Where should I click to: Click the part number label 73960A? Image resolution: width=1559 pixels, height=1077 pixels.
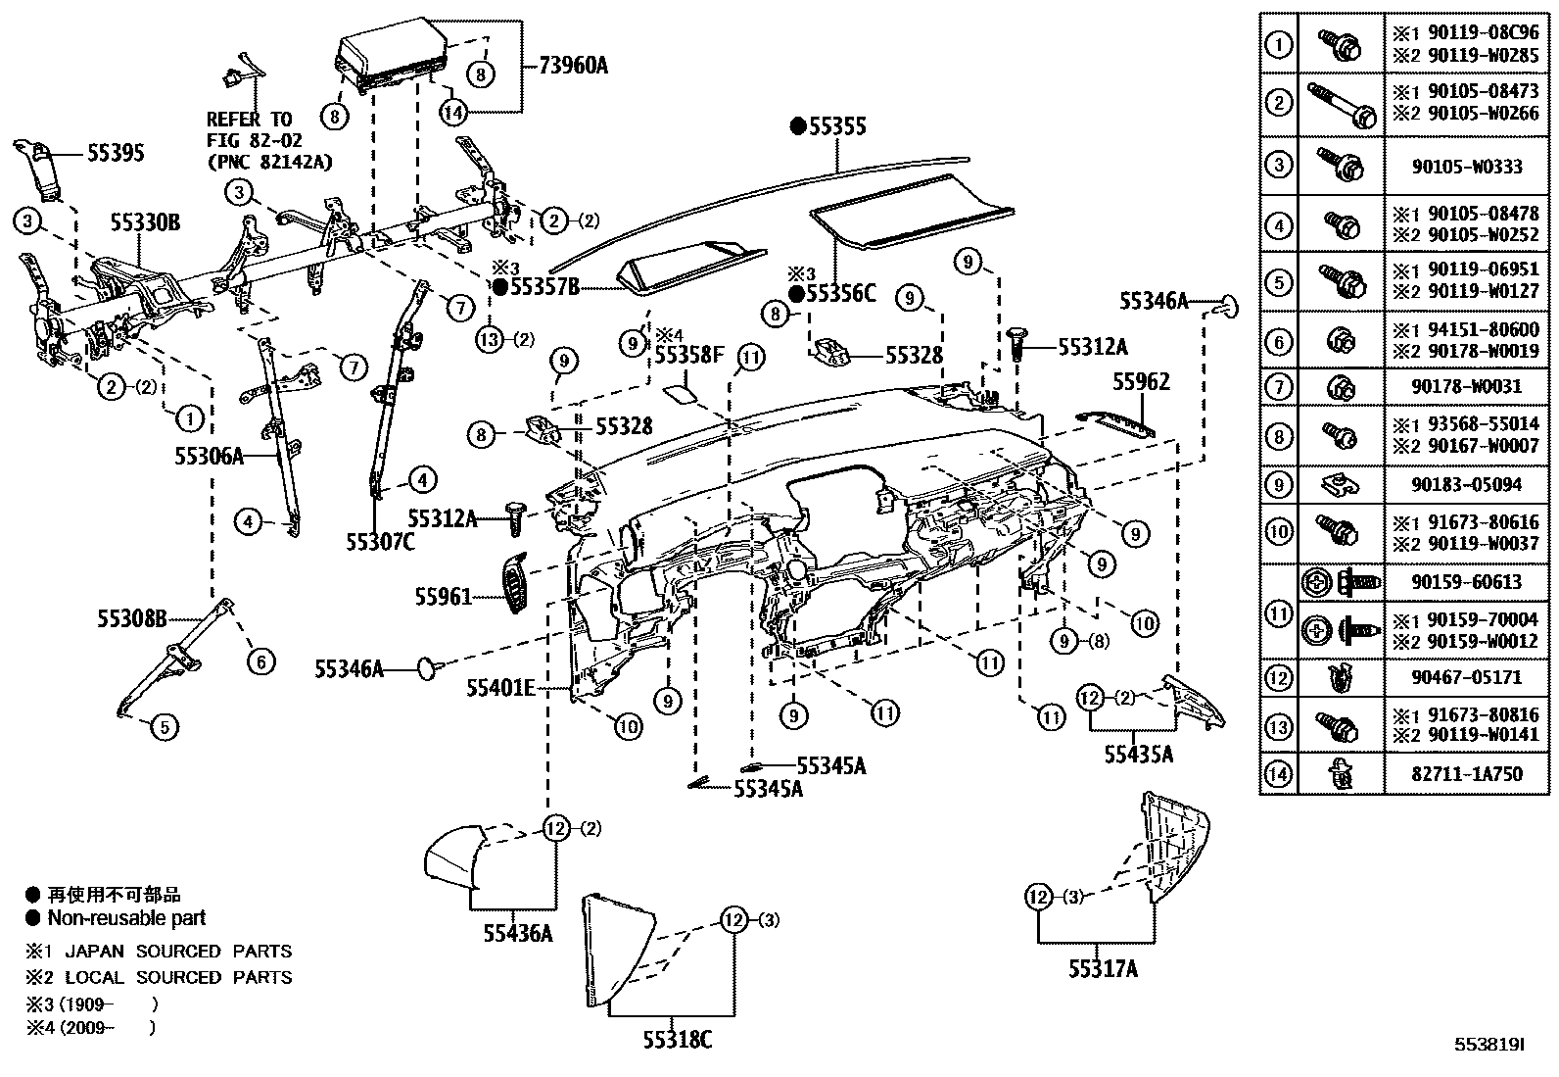pyautogui.click(x=573, y=66)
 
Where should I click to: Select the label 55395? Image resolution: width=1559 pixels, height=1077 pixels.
pyautogui.click(x=116, y=153)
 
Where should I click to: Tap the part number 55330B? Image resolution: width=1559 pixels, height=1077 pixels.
pyautogui.click(x=144, y=224)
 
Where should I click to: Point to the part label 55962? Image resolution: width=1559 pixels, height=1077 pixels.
pyautogui.click(x=1141, y=382)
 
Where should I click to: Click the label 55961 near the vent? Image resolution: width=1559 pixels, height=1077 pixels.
pyautogui.click(x=443, y=597)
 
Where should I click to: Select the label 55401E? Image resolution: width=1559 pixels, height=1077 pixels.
pyautogui.click(x=499, y=689)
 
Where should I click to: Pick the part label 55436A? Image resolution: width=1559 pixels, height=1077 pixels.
pyautogui.click(x=517, y=934)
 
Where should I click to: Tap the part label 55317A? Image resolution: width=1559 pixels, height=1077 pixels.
pyautogui.click(x=1103, y=969)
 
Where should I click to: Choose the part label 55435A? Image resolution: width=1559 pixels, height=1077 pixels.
pyautogui.click(x=1138, y=754)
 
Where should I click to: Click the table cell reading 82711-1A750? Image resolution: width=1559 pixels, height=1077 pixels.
pyautogui.click(x=1467, y=774)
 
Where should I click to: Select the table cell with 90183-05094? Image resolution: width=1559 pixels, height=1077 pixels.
pyautogui.click(x=1467, y=484)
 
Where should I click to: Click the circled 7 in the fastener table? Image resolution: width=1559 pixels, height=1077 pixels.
pyautogui.click(x=1278, y=386)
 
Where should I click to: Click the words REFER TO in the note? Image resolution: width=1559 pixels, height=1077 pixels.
pyautogui.click(x=249, y=120)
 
